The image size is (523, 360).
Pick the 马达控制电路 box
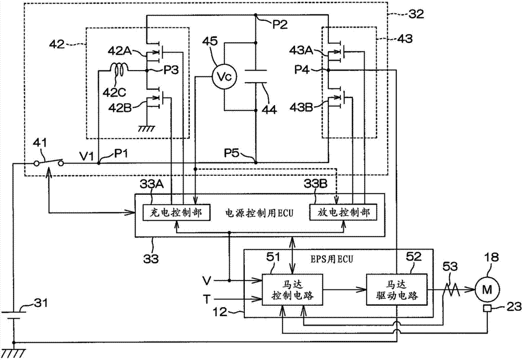(292, 289)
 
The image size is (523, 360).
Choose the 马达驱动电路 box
(397, 289)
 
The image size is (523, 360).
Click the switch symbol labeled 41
(49, 161)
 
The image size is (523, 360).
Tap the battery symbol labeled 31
(14, 315)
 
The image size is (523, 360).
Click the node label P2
(279, 25)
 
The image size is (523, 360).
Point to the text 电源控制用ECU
(259, 213)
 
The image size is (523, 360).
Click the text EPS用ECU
(332, 259)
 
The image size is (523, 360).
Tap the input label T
(207, 299)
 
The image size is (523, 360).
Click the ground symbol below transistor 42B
(147, 128)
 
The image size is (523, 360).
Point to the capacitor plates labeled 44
(256, 76)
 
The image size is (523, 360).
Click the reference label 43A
(301, 51)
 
